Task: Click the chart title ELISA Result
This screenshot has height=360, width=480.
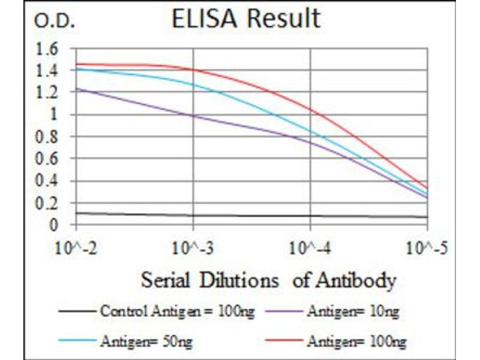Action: click(245, 19)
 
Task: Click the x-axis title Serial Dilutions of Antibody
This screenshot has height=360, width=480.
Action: click(268, 280)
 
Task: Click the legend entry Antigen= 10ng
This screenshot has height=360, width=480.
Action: click(352, 311)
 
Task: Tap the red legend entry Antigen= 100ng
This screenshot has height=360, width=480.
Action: click(356, 342)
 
